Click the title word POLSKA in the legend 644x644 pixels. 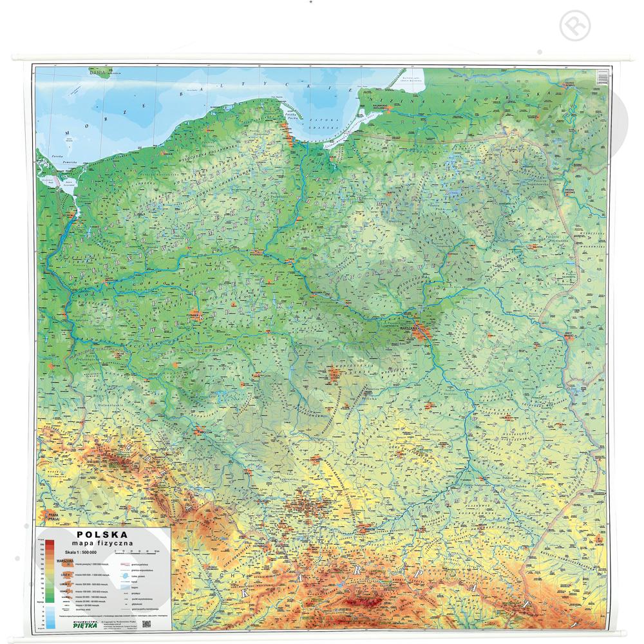point(102,534)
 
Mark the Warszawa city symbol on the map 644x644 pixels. point(422,333)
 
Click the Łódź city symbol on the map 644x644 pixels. point(334,372)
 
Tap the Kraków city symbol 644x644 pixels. point(369,529)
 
